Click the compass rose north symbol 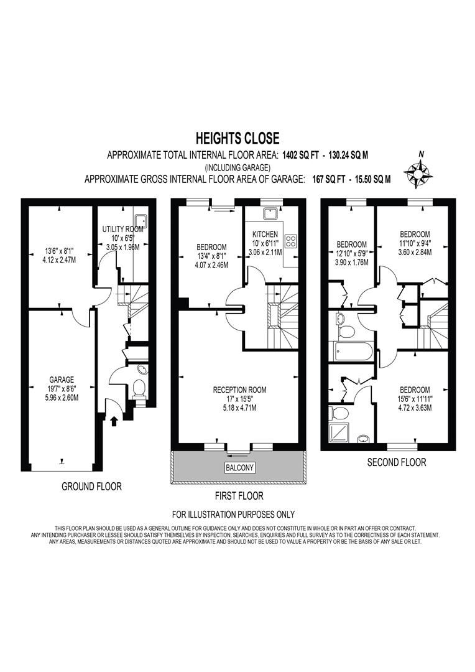tap(417, 170)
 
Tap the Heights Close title tap(237, 138)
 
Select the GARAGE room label tap(62, 379)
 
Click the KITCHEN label tap(265, 234)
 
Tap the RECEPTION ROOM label tap(239, 390)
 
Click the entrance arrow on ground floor tap(114, 421)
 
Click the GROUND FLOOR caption tap(91, 487)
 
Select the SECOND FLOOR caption tap(396, 462)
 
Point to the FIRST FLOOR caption tap(238, 496)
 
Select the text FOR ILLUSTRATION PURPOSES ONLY tap(233, 515)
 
